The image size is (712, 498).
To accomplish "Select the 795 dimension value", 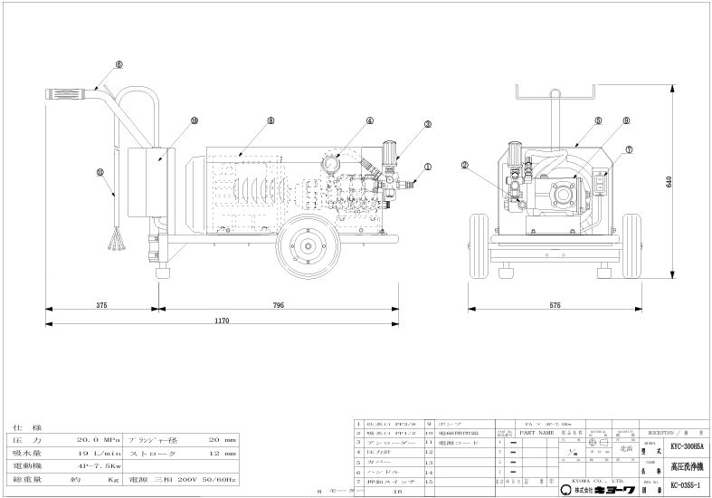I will pos(278,305).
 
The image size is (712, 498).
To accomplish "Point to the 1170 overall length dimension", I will pos(223,321).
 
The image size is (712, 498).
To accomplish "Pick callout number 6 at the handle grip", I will pos(119,64).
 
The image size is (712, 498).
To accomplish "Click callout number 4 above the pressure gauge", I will pos(369,120).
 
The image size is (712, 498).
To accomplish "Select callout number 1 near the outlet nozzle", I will pos(428,167).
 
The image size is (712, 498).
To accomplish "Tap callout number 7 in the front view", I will pos(627,149).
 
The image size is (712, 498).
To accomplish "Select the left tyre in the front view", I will pos(480,241).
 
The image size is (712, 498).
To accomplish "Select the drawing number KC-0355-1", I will pos(687,487).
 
